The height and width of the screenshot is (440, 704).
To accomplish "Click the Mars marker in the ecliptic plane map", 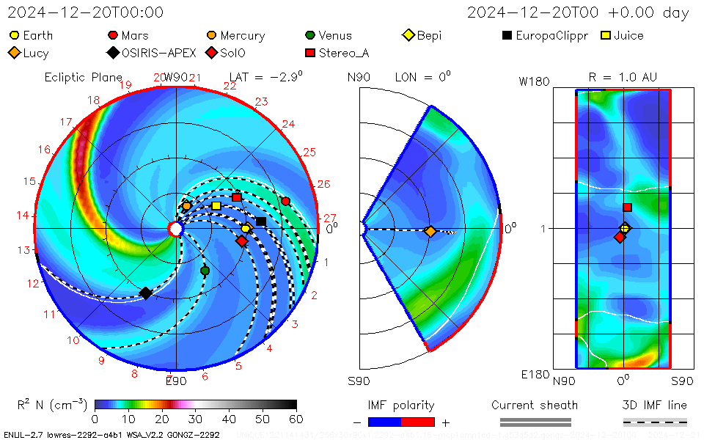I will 285,201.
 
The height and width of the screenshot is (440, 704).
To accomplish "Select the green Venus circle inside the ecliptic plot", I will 205,271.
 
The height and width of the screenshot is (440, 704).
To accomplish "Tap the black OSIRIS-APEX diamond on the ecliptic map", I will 146,293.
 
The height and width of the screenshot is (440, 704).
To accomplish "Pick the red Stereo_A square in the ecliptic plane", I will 237,197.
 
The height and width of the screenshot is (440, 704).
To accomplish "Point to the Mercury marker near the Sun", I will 186,206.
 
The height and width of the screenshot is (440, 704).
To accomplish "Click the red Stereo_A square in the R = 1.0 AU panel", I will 627,208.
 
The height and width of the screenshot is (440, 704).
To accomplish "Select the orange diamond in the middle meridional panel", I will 430,232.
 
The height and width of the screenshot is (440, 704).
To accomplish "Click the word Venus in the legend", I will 335,35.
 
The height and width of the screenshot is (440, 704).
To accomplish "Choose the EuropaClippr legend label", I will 551,35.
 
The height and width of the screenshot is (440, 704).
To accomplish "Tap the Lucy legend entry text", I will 36,53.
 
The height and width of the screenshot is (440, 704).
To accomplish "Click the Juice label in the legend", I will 628,35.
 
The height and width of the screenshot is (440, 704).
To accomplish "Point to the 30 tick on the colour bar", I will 195,419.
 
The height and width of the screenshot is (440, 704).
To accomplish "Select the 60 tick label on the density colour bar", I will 296,419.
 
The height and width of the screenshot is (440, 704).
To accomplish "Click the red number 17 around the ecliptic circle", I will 66,122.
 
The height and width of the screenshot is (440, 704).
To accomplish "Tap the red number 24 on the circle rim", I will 288,124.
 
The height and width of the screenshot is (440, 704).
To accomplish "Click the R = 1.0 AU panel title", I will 623,76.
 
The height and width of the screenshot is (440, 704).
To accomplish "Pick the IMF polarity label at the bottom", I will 401,405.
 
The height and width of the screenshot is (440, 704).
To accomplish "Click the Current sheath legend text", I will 535,405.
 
